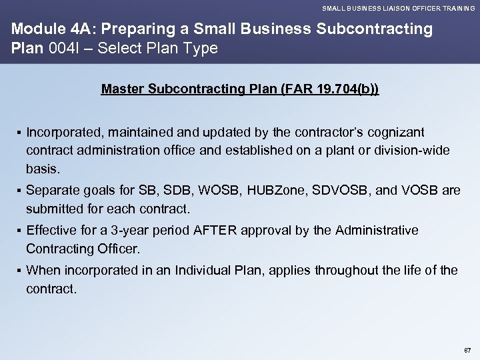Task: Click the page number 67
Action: (467, 349)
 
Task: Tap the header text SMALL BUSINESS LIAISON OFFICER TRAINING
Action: (398, 8)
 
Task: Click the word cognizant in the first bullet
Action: (400, 132)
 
